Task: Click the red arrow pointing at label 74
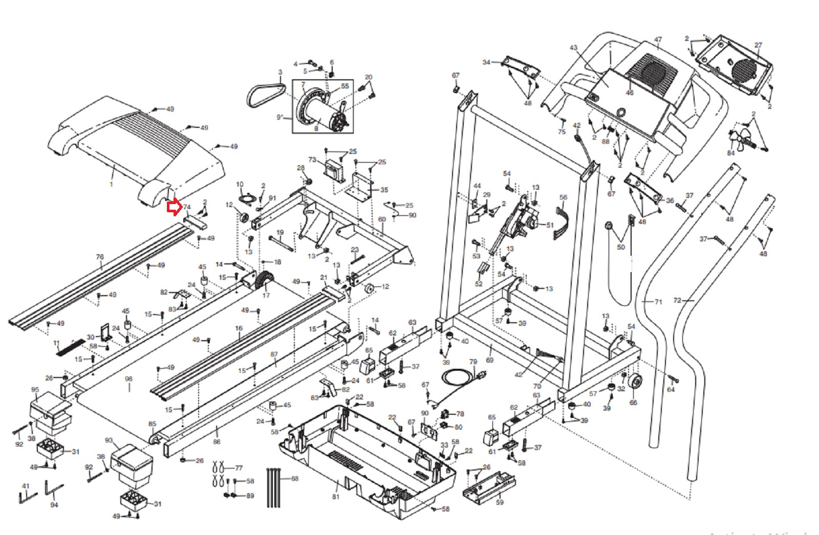click(x=175, y=207)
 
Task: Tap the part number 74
click(x=187, y=208)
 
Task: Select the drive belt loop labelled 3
click(x=265, y=94)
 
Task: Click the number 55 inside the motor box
click(x=344, y=86)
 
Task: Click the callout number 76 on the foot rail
click(x=100, y=257)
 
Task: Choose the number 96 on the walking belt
click(x=128, y=379)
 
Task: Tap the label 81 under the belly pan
click(x=336, y=497)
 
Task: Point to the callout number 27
click(x=758, y=45)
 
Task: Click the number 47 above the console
click(x=658, y=39)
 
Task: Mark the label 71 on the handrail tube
click(x=658, y=302)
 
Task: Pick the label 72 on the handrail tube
click(x=677, y=300)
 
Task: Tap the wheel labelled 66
click(x=635, y=383)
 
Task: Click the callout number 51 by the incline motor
click(x=550, y=225)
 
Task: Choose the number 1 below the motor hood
click(x=111, y=184)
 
